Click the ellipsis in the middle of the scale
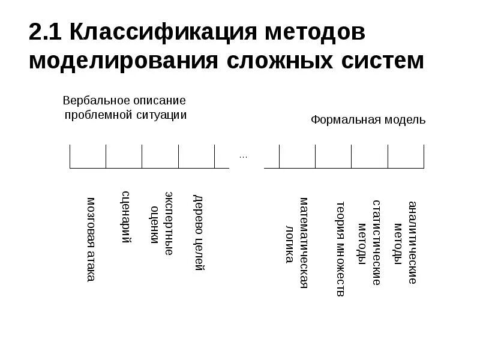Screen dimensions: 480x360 (x=243, y=157)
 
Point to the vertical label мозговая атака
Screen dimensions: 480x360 (x=91, y=239)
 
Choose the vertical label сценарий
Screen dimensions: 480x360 (x=126, y=217)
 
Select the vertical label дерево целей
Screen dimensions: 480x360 (x=199, y=233)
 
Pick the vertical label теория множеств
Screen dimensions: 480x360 (x=340, y=248)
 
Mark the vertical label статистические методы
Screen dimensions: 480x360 (x=370, y=242)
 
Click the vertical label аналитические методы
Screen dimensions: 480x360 (x=405, y=242)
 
